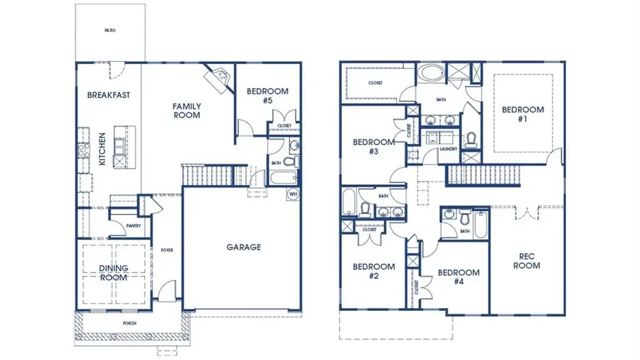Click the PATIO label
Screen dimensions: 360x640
110,31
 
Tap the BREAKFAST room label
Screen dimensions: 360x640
108,95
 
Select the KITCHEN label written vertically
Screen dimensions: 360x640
102,149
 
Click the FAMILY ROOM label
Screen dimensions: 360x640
186,110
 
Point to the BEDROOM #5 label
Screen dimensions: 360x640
267,95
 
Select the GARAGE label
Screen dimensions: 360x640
244,248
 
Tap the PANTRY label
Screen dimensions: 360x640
133,226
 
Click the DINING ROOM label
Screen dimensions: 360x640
114,272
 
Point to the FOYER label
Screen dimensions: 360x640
167,250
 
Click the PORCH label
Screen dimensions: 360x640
129,324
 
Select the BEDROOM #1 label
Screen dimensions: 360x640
523,114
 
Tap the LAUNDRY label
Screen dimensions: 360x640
448,149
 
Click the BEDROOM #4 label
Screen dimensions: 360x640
458,277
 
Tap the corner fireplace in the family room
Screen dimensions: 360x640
217,77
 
